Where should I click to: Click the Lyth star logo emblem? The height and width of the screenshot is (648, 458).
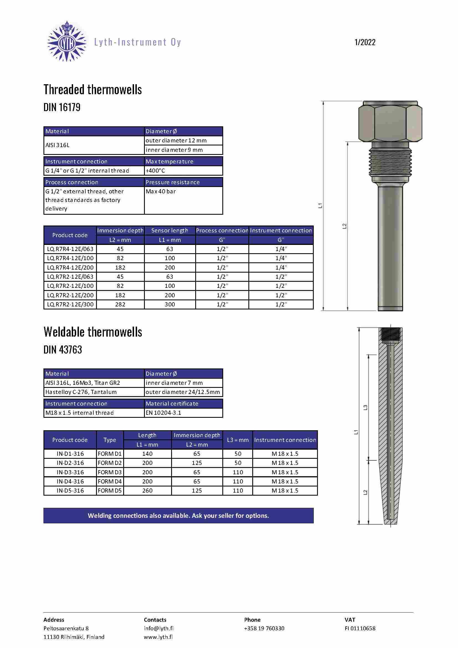(67, 41)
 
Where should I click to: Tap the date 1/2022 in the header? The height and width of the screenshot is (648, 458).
(365, 42)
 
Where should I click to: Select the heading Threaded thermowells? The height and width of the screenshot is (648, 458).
(92, 89)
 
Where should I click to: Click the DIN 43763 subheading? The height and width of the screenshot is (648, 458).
(63, 350)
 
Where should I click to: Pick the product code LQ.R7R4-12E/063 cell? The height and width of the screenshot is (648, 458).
(70, 249)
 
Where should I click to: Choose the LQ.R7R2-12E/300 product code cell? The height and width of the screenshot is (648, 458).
(70, 304)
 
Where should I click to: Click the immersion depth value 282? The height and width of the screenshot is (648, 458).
(120, 304)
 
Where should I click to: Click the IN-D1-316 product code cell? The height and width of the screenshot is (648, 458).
(70, 454)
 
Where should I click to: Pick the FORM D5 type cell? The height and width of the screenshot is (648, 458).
(110, 491)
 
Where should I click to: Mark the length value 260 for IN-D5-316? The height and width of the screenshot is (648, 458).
(147, 491)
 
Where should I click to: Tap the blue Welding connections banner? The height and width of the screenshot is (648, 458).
(178, 516)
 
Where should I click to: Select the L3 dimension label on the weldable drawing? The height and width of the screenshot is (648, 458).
(365, 408)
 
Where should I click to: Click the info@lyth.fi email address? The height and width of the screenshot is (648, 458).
(158, 628)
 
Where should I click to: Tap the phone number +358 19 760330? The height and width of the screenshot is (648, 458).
(264, 628)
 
